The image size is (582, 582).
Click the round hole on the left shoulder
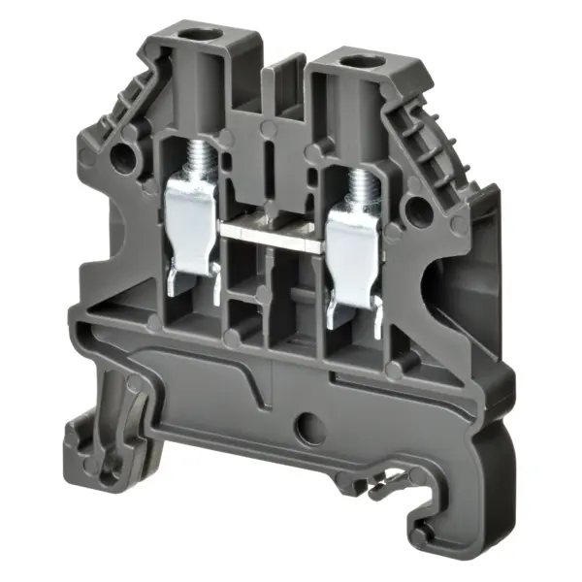(x=123, y=155)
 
